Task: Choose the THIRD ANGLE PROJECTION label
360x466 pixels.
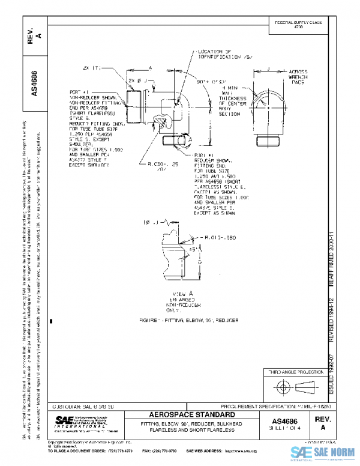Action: [294, 373]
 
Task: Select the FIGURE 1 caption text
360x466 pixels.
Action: [188, 321]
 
